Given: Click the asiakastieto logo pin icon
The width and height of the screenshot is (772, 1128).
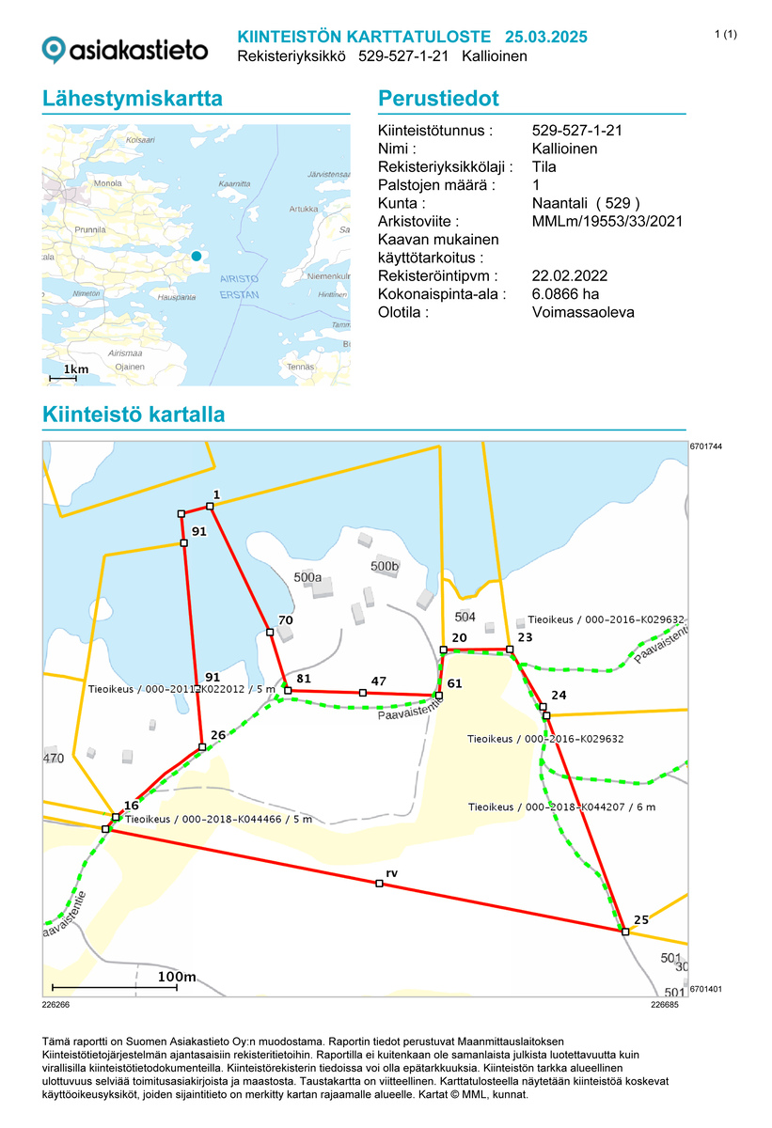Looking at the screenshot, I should (55, 49).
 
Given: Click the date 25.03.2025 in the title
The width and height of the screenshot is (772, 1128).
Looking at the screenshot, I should (545, 37).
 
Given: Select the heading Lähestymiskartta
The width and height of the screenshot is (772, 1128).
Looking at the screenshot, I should (133, 100).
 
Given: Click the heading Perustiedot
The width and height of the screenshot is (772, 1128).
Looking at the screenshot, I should (437, 100).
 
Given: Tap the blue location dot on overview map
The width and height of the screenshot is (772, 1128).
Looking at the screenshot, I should (196, 256).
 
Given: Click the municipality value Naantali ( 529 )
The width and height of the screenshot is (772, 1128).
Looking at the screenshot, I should (585, 203).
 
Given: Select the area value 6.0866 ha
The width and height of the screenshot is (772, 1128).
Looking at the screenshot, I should (565, 293).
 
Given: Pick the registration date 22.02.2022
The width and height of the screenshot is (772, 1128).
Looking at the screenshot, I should (569, 275).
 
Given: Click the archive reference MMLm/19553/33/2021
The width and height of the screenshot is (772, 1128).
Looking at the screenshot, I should (607, 221).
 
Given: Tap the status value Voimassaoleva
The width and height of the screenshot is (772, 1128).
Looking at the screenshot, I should (583, 311).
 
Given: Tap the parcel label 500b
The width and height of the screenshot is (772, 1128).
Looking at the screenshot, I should (386, 567).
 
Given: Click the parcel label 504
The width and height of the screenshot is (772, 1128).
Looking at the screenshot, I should (465, 617).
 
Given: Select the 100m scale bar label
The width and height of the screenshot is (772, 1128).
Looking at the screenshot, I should (177, 978).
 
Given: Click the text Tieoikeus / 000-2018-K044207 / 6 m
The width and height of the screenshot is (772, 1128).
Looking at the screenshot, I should (561, 807).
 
